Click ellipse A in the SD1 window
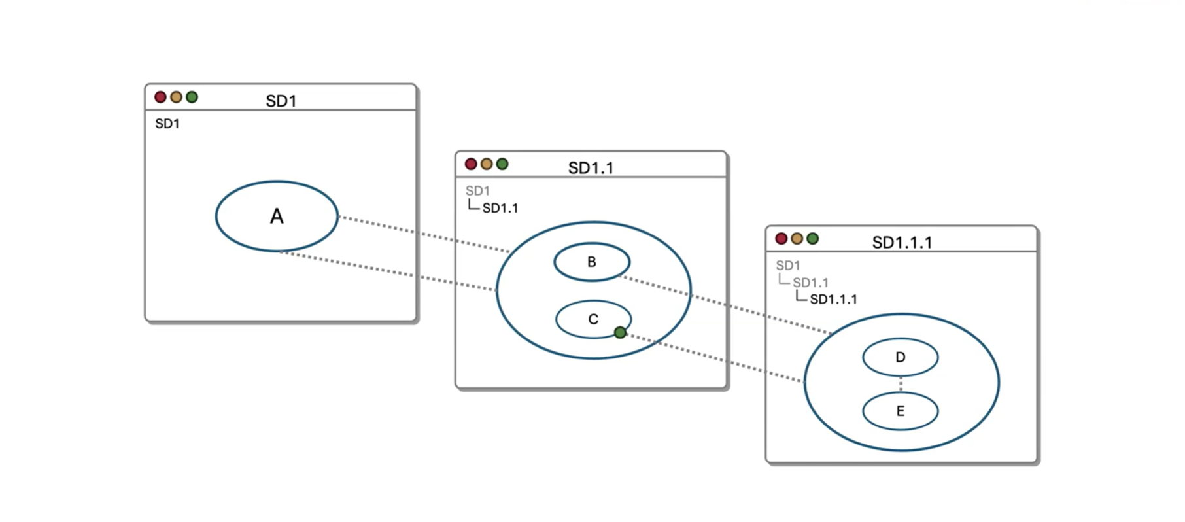point(277,216)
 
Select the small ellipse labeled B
point(592,262)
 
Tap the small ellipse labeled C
point(592,319)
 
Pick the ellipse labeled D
point(901,357)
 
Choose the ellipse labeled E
point(901,411)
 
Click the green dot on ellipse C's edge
point(620,333)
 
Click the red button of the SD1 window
point(160,97)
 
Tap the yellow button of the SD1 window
point(176,97)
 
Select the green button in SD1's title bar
point(192,97)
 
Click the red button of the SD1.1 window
point(471,164)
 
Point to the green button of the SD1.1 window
point(502,164)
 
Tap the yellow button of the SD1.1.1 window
point(797,239)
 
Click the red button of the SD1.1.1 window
point(781,239)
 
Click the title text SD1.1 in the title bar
point(591,168)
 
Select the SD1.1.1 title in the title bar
point(902,243)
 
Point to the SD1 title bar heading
point(281,101)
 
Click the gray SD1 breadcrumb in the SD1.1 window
point(477,191)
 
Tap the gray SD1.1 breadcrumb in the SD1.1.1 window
point(810,283)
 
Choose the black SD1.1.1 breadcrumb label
point(833,299)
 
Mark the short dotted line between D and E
point(901,384)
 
